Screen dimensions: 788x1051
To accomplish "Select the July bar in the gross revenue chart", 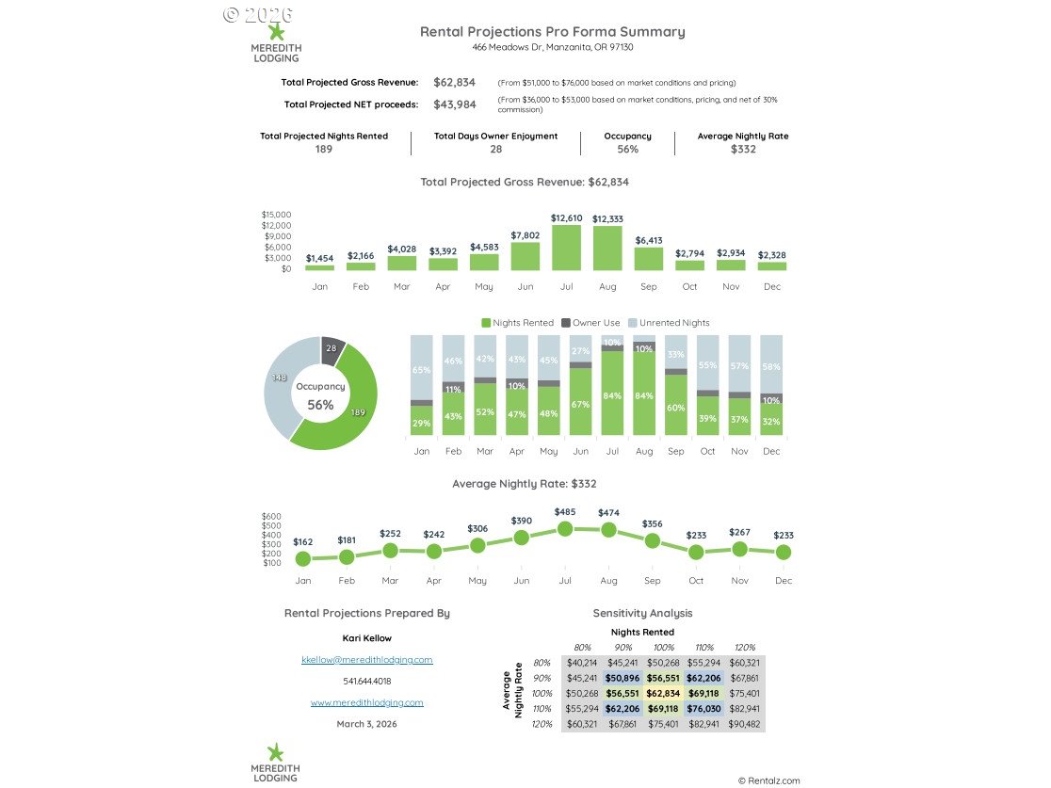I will point(566,249).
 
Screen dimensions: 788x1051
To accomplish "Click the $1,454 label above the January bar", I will point(319,258).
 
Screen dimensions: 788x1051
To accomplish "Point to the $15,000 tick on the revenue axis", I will point(276,215).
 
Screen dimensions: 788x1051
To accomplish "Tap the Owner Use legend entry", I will point(590,323).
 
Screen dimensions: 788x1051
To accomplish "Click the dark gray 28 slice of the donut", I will point(331,349).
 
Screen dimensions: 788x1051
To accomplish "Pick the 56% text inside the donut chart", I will point(320,405).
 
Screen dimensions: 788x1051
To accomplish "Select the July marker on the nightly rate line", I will point(565,529).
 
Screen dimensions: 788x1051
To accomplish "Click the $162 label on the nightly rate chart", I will point(302,542).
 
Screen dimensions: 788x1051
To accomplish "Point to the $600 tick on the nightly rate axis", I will point(271,516).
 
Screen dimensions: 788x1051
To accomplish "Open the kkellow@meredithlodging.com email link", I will point(366,660).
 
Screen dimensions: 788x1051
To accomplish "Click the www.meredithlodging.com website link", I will point(366,702).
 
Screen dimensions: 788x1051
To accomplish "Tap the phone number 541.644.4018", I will point(366,681).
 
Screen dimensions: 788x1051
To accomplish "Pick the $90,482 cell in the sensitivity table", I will point(744,724).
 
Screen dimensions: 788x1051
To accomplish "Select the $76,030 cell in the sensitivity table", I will point(703,709).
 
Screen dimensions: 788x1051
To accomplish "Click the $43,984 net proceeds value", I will point(454,105).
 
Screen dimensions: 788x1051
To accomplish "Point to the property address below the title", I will point(552,47).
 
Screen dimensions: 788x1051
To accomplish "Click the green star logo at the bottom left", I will point(275,752).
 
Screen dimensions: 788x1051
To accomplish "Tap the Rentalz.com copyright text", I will point(768,780).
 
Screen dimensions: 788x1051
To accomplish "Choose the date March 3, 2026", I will point(366,724).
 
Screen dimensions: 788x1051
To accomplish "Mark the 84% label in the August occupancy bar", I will point(644,396).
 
